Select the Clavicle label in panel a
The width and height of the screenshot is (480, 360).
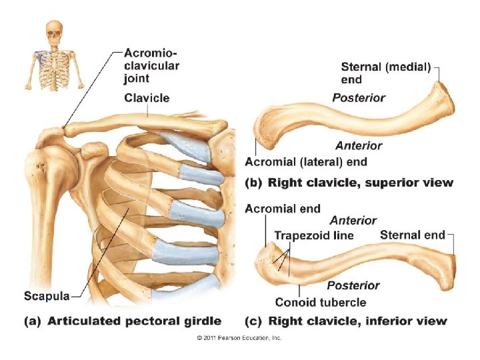pyautogui.click(x=147, y=98)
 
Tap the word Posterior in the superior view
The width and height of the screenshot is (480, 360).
pyautogui.click(x=359, y=98)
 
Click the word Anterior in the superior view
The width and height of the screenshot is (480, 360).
pyautogui.click(x=359, y=145)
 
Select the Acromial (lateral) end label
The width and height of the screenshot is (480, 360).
pyautogui.click(x=306, y=161)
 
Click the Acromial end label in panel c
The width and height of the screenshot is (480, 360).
pyautogui.click(x=283, y=209)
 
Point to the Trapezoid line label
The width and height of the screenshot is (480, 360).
pyautogui.click(x=314, y=235)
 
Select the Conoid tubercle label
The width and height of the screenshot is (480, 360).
pyautogui.click(x=321, y=302)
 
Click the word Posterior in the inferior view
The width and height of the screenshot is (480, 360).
pyautogui.click(x=353, y=285)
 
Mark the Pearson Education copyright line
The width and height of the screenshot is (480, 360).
pyautogui.click(x=239, y=338)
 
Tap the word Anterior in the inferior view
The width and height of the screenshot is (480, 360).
pyautogui.click(x=353, y=221)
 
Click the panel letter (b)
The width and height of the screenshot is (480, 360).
pyautogui.click(x=253, y=182)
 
